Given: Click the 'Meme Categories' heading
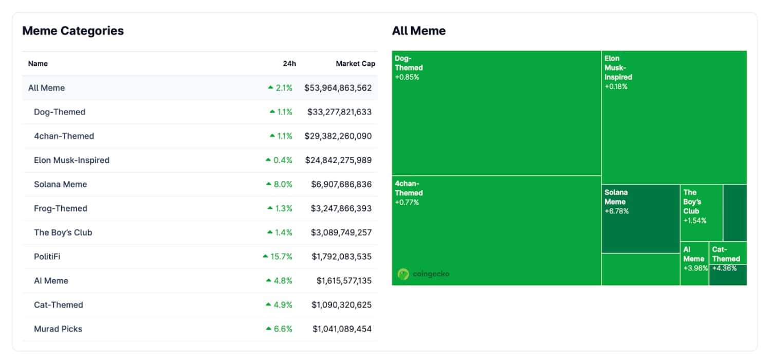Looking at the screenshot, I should pyautogui.click(x=73, y=31).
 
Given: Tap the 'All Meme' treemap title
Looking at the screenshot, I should pyautogui.click(x=418, y=31).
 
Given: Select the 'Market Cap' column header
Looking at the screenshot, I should pyautogui.click(x=355, y=64).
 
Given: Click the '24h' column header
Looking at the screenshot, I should pyautogui.click(x=289, y=64).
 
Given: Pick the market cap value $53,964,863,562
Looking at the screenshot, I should pyautogui.click(x=338, y=88).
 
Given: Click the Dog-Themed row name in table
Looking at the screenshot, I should pyautogui.click(x=60, y=112).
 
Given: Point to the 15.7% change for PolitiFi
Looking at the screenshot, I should pyautogui.click(x=281, y=257).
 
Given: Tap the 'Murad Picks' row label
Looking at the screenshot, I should pyautogui.click(x=58, y=329).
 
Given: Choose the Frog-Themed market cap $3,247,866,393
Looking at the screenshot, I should pyautogui.click(x=341, y=208).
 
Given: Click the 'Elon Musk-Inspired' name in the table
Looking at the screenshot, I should pyautogui.click(x=71, y=160).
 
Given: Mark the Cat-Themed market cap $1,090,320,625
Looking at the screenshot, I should pyautogui.click(x=341, y=305).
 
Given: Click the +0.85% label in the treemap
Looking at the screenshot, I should pyautogui.click(x=407, y=77).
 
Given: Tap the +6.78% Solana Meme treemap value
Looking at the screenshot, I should pyautogui.click(x=616, y=211).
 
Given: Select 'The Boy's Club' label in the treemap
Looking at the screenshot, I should pyautogui.click(x=692, y=202).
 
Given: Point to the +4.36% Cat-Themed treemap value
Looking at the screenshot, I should pyautogui.click(x=724, y=268).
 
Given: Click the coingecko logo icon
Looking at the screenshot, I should pyautogui.click(x=403, y=274).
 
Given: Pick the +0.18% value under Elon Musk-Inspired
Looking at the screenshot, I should pyautogui.click(x=616, y=86).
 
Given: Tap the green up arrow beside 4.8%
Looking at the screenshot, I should pyautogui.click(x=268, y=281).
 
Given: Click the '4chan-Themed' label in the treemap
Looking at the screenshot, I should pyautogui.click(x=409, y=188).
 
